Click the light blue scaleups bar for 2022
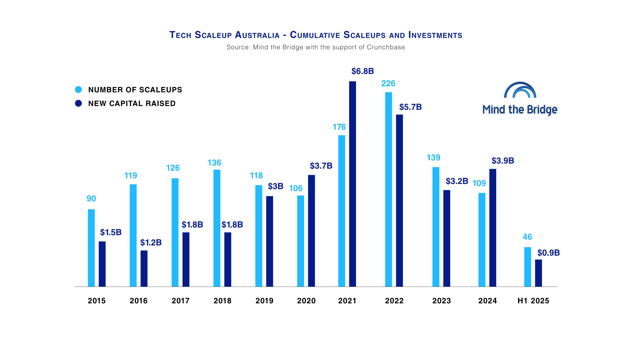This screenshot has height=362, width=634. pos(388,189)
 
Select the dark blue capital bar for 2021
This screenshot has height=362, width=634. pos(352,184)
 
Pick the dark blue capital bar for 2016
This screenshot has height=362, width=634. pos(144,268)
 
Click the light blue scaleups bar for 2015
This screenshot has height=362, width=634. pos(91,248)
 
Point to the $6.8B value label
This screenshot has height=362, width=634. pos(362,71)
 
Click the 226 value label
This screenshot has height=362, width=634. pos(388,83)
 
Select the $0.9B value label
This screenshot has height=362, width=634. pos(548,253)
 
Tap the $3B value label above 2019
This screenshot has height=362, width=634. pos(275,186)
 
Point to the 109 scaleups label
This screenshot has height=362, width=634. pos(479,183)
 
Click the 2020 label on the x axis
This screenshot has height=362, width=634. pos(306,301)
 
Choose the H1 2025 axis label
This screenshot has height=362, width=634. pos(533,301)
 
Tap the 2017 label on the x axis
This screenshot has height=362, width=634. pos(180,301)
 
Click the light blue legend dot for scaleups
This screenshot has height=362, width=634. pos(78,89)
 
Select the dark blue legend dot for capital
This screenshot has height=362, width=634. pos(78,103)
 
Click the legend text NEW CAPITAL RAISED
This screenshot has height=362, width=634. pos(132,103)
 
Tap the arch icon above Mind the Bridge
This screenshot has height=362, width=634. pos(520,90)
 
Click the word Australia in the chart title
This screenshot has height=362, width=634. pos(257,35)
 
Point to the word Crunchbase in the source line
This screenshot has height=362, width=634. pos(386,47)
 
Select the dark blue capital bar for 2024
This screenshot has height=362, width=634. pos(493,228)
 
